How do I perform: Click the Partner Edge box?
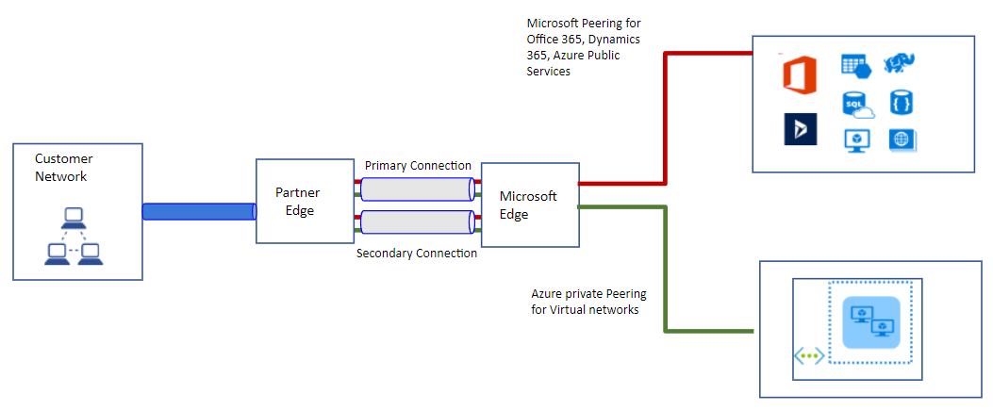click(x=296, y=201)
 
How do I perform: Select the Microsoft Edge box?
click(x=529, y=205)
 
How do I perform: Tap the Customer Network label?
click(x=64, y=167)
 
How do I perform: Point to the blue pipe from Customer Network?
click(x=199, y=211)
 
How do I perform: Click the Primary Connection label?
click(x=418, y=166)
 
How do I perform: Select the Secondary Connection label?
click(x=417, y=254)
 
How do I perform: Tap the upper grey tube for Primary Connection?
click(x=417, y=189)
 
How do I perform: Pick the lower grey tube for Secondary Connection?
click(x=417, y=222)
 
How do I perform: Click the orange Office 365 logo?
click(x=799, y=74)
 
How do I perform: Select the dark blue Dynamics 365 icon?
click(x=800, y=129)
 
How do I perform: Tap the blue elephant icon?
click(x=901, y=64)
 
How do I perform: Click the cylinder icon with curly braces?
click(x=902, y=102)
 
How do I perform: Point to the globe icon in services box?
click(x=902, y=139)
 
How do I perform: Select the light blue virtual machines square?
click(x=870, y=320)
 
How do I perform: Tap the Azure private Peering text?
click(x=586, y=301)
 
